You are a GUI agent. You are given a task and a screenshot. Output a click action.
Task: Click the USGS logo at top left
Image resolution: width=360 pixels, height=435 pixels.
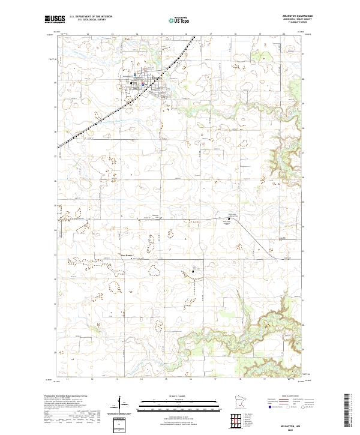coord(55,19)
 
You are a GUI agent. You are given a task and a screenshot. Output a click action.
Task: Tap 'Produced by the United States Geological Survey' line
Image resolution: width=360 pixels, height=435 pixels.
coord(66,395)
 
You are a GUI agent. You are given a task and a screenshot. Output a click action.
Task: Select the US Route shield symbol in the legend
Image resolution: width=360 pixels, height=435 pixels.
coord(287,406)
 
